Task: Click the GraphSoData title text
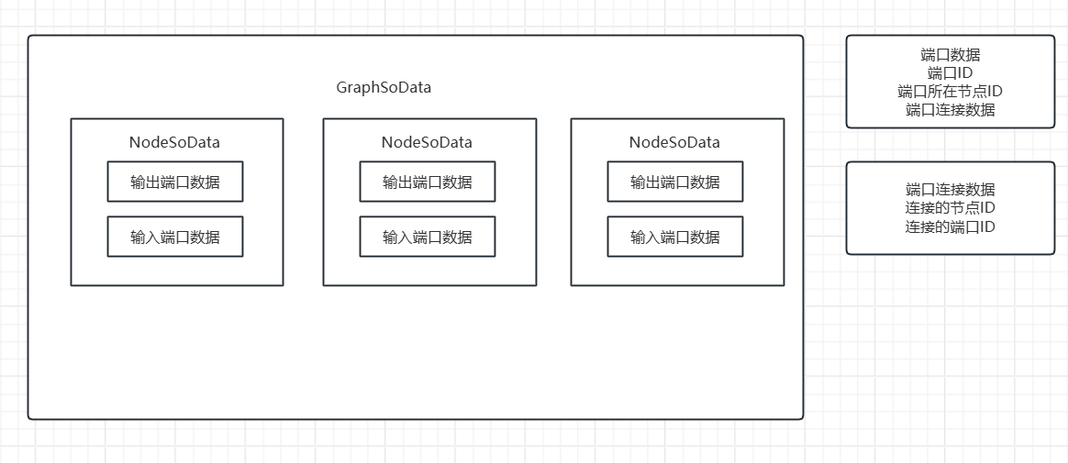click(384, 88)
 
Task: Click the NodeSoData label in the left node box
click(174, 142)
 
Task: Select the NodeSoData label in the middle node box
click(427, 142)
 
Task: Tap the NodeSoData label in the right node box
click(674, 142)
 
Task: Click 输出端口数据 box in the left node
click(175, 182)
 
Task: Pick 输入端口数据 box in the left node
click(175, 237)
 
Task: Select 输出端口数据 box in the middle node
click(428, 182)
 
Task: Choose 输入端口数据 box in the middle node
click(428, 237)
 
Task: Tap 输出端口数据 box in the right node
click(675, 182)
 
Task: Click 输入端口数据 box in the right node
click(675, 237)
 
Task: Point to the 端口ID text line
click(951, 73)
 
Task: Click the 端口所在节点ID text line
click(951, 92)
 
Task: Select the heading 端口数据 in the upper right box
click(951, 55)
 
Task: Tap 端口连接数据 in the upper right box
click(951, 110)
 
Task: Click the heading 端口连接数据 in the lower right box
click(951, 190)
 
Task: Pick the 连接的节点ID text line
click(951, 208)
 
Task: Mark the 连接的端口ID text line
click(951, 226)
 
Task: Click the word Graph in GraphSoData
click(357, 88)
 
